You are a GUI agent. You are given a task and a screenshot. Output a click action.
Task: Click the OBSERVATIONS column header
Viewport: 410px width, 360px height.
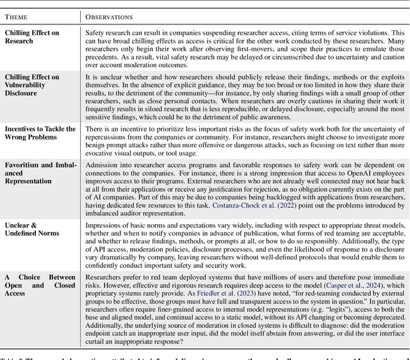110,17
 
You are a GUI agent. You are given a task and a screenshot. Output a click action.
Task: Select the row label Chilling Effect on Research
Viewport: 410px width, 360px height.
33,37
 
